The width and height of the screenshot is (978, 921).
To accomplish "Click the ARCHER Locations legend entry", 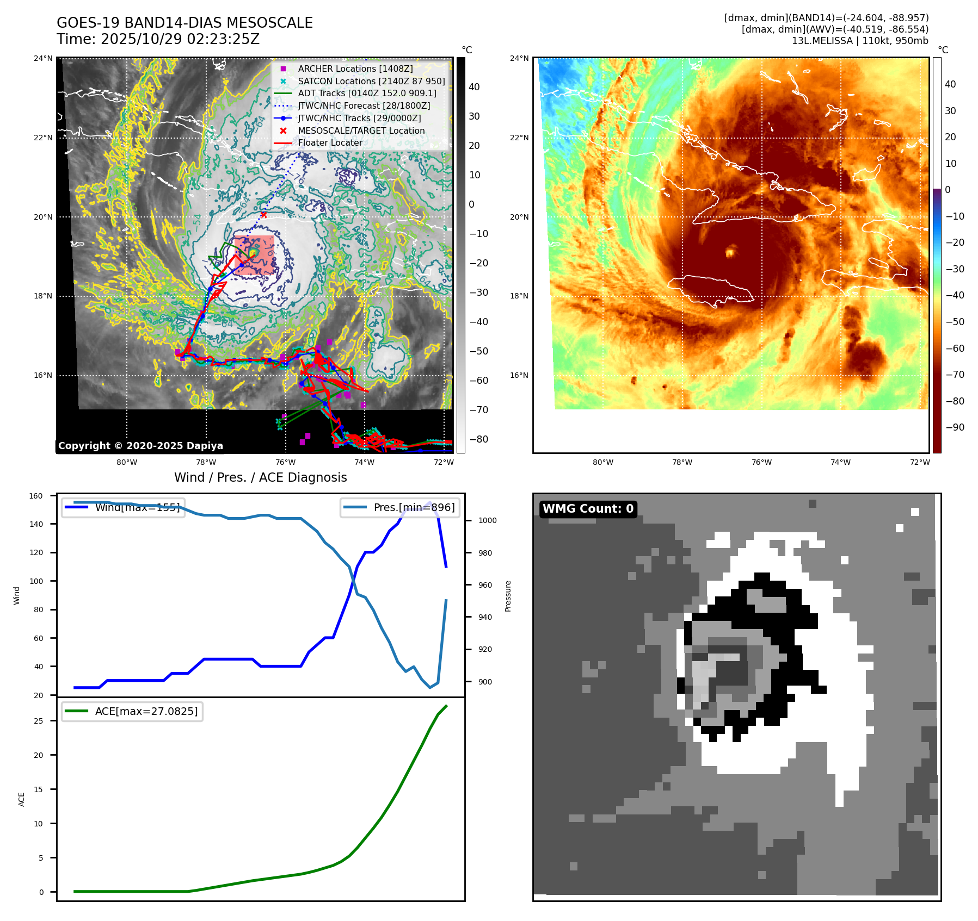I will point(355,69).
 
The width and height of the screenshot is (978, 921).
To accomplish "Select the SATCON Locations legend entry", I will point(371,82).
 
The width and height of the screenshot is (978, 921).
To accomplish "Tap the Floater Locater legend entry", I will point(330,143).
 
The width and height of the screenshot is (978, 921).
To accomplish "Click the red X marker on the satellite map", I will point(263,215).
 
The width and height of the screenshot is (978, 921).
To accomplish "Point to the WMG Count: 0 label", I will point(588,509).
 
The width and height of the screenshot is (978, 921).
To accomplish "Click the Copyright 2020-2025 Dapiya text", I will point(140,446).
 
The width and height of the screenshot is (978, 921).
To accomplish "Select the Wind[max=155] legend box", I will point(123,508).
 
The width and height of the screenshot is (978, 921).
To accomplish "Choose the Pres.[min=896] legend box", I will point(399,508).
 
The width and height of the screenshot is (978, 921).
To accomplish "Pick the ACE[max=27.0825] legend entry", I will point(132,711).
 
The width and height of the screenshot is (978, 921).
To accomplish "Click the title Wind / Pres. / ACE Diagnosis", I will point(260,477).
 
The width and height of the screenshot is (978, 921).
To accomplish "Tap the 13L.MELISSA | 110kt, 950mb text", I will point(860,41).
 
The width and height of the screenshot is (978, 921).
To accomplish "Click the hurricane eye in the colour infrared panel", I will point(730,252).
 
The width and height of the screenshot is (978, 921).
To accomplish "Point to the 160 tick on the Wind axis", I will point(36,496).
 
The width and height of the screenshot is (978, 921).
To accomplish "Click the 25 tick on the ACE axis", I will point(38,721).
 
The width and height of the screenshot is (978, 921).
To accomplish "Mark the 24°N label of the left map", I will point(43,58).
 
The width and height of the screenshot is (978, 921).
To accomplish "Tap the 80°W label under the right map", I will point(603,463).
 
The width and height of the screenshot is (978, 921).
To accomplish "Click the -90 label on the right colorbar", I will point(955,427).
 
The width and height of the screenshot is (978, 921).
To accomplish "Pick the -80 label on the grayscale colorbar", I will point(478,439).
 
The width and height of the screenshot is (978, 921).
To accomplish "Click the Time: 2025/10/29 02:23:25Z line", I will point(158,40).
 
